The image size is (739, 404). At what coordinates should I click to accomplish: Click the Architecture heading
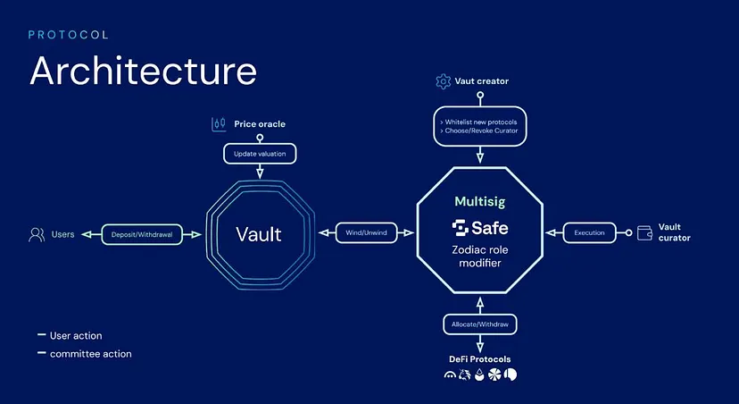[x=143, y=71]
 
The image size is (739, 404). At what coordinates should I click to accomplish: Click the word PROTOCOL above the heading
[x=68, y=35]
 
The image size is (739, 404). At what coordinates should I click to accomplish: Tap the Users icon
[x=37, y=234]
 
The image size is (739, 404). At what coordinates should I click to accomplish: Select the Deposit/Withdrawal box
[x=142, y=234]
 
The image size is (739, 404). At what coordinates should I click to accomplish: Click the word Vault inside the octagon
[x=259, y=234]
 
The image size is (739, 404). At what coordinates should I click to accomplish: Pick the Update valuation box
[x=259, y=154]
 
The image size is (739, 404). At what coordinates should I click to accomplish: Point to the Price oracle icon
[x=219, y=123]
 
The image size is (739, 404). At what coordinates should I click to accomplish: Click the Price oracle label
[x=260, y=123]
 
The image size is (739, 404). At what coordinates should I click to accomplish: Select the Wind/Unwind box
[x=366, y=233]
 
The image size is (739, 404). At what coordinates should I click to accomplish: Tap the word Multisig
[x=480, y=202]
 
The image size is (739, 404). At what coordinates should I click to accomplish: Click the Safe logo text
[x=480, y=227]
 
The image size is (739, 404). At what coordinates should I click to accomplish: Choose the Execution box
[x=589, y=233]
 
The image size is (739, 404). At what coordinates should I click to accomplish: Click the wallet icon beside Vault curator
[x=642, y=233]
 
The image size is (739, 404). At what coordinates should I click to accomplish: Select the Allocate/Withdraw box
[x=480, y=324]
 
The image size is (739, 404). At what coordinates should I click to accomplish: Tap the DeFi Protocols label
[x=480, y=359]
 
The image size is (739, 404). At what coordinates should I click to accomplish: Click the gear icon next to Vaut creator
[x=443, y=81]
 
